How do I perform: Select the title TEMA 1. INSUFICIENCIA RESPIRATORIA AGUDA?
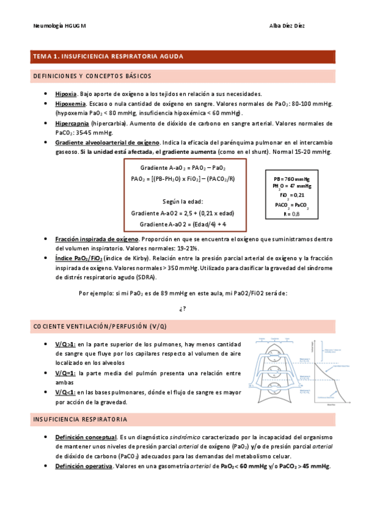tap(108, 57)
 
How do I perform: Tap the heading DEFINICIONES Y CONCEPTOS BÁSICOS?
tap(91, 76)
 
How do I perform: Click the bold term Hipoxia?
tap(65, 94)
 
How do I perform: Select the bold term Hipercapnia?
tap(72, 123)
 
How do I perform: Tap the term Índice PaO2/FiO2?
tap(79, 258)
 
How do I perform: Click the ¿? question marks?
tap(183, 308)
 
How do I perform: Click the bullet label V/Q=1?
tap(65, 373)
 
